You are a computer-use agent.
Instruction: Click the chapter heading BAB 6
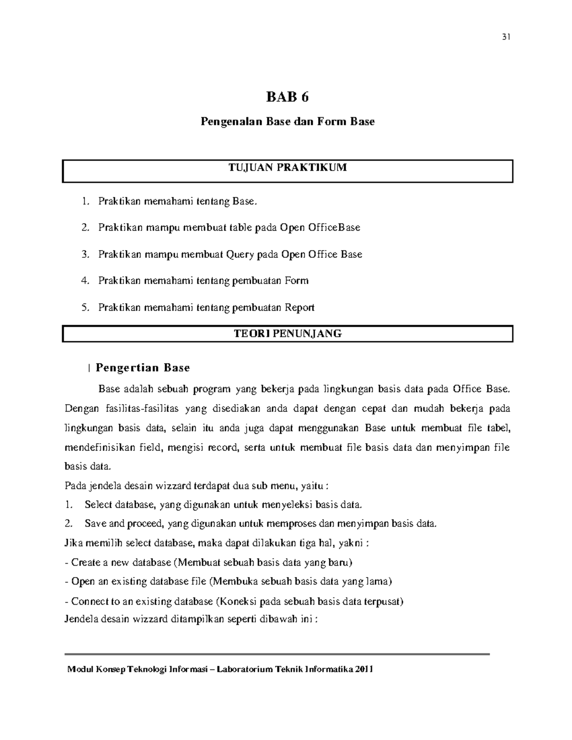tap(287, 97)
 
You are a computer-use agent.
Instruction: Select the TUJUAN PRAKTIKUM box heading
tap(287, 167)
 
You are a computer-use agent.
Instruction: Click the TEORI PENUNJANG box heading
tap(287, 334)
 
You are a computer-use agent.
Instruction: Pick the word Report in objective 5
tap(299, 307)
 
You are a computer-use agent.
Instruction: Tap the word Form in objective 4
tap(296, 281)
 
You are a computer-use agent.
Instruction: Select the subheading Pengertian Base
tap(143, 367)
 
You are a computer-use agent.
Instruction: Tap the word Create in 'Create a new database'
tap(86, 562)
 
